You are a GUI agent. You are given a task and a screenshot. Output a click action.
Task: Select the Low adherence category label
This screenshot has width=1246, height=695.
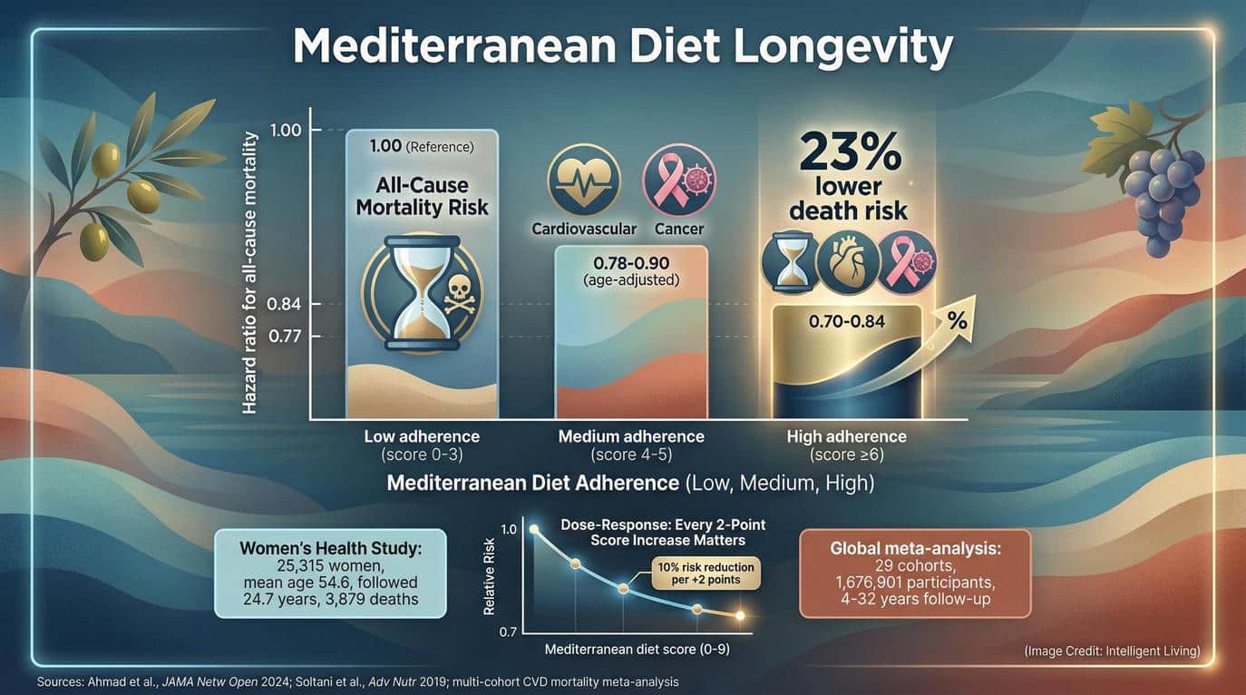coord(422,436)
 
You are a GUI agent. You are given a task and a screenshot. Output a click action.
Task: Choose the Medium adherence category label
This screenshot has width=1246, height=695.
coord(631,436)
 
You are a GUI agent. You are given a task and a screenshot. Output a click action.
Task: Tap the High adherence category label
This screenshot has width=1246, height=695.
coord(846,436)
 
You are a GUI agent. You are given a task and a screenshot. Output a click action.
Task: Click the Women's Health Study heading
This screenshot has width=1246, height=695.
coord(331,549)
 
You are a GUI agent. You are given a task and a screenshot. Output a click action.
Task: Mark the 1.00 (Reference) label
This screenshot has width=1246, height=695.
coord(422,145)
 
